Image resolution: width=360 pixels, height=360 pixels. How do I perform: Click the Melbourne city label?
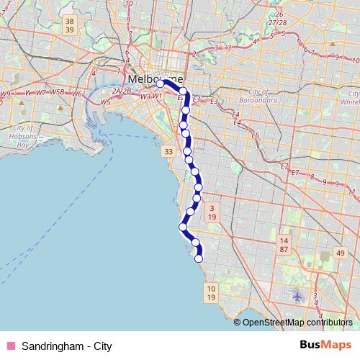tap(154, 77)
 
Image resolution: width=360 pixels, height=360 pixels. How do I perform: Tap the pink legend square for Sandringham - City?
tap(10, 346)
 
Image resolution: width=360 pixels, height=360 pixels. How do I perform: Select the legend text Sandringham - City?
tap(66, 346)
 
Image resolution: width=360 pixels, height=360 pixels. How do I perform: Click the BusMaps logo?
tap(325, 346)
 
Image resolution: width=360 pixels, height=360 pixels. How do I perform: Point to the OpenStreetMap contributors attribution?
tap(297, 323)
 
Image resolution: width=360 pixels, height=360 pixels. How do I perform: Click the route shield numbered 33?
tap(168, 152)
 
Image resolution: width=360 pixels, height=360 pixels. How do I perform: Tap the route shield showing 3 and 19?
tap(212, 212)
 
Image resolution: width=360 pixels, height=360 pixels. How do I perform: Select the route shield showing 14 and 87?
tap(284, 243)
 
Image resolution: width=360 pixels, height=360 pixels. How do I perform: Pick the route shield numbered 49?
tap(341, 253)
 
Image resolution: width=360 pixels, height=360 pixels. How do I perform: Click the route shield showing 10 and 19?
tap(210, 292)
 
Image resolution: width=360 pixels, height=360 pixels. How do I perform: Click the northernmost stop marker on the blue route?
tap(161, 84)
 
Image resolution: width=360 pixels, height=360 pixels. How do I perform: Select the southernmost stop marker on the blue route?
tap(199, 258)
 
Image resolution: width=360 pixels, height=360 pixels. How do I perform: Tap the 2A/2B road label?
tap(121, 91)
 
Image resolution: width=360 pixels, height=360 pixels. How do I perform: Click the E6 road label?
tap(254, 135)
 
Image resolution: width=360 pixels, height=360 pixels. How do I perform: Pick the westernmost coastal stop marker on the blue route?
tap(183, 227)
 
